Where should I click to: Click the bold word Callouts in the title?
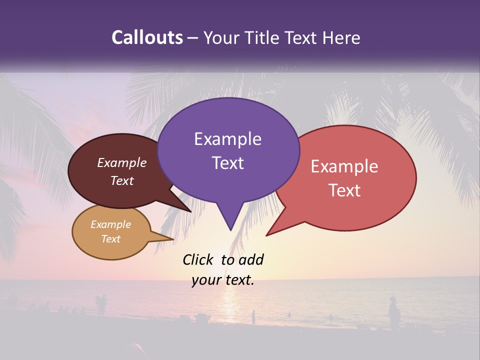click(x=147, y=37)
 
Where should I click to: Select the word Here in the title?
click(x=341, y=38)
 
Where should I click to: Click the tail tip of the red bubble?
click(x=267, y=235)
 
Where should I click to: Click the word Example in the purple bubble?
click(x=227, y=139)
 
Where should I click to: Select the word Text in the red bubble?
click(x=344, y=190)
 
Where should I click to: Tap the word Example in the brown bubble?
click(x=121, y=163)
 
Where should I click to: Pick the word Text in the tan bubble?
click(x=111, y=239)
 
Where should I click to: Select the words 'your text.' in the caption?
click(x=223, y=280)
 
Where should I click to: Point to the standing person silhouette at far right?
click(x=394, y=313)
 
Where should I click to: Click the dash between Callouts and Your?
click(x=193, y=38)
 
